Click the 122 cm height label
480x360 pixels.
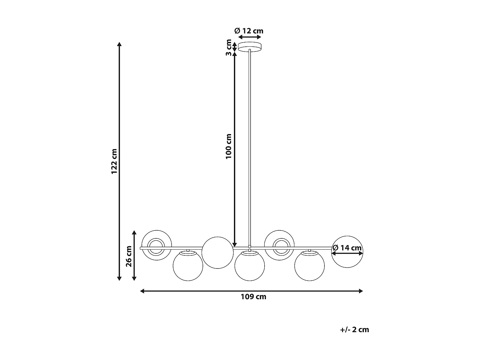pyautogui.click(x=114, y=161)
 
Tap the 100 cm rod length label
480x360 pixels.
pyautogui.click(x=228, y=147)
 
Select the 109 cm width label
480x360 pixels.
pyautogui.click(x=253, y=297)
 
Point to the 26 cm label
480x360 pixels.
pyautogui.click(x=129, y=256)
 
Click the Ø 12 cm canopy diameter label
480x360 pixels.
pyautogui.click(x=249, y=31)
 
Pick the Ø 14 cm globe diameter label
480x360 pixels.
pyautogui.click(x=347, y=248)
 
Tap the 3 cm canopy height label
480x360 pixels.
pyautogui.click(x=228, y=47)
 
